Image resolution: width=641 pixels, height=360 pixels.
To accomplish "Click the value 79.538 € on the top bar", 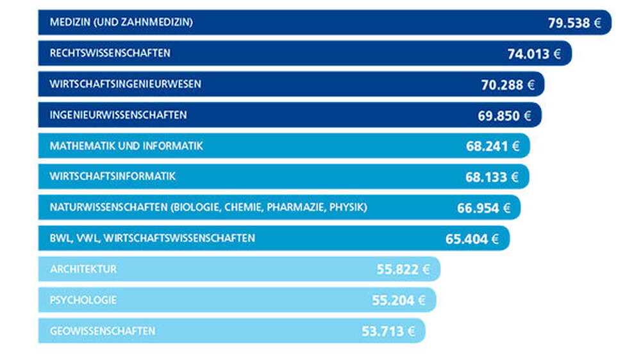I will pos(574,23).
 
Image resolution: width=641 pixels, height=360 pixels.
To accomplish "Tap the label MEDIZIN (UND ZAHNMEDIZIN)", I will pos(121,22).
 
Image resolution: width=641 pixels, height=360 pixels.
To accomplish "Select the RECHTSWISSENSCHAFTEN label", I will pos(110,53).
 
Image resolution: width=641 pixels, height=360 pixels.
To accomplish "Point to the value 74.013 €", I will pos(534,54).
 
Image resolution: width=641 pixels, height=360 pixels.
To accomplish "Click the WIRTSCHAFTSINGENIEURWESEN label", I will pos(125,84).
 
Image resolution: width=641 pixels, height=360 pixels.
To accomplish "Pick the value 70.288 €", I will pos(507,85).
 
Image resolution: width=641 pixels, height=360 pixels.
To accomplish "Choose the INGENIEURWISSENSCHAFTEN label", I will pos(118,115).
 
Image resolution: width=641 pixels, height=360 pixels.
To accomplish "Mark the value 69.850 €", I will pos(504,116).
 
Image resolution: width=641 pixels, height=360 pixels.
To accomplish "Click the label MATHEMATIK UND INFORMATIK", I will pos(126,146).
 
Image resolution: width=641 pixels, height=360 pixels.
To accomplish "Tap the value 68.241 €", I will pos(492,147).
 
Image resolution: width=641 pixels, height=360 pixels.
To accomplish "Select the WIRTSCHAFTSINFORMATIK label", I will pos(112,176).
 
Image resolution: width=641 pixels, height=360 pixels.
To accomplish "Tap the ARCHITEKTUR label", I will pos(83,269).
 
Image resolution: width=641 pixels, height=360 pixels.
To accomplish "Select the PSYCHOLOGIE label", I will pos(83,300).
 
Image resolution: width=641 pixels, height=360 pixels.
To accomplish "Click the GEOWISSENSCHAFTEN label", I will pos(103,331).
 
